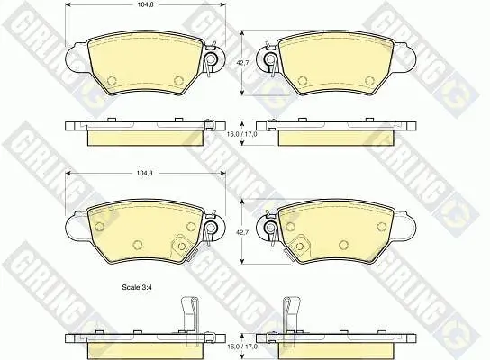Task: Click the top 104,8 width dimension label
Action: coord(145,4)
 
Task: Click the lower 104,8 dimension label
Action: coord(145,174)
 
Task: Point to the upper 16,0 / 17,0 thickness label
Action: coord(242,134)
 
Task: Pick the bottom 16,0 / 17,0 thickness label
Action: coord(242,346)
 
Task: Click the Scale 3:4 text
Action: coord(137,287)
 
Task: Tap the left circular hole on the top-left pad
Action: coord(112,81)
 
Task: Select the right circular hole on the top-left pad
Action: coord(178,81)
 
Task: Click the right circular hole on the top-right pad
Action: coord(369,81)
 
